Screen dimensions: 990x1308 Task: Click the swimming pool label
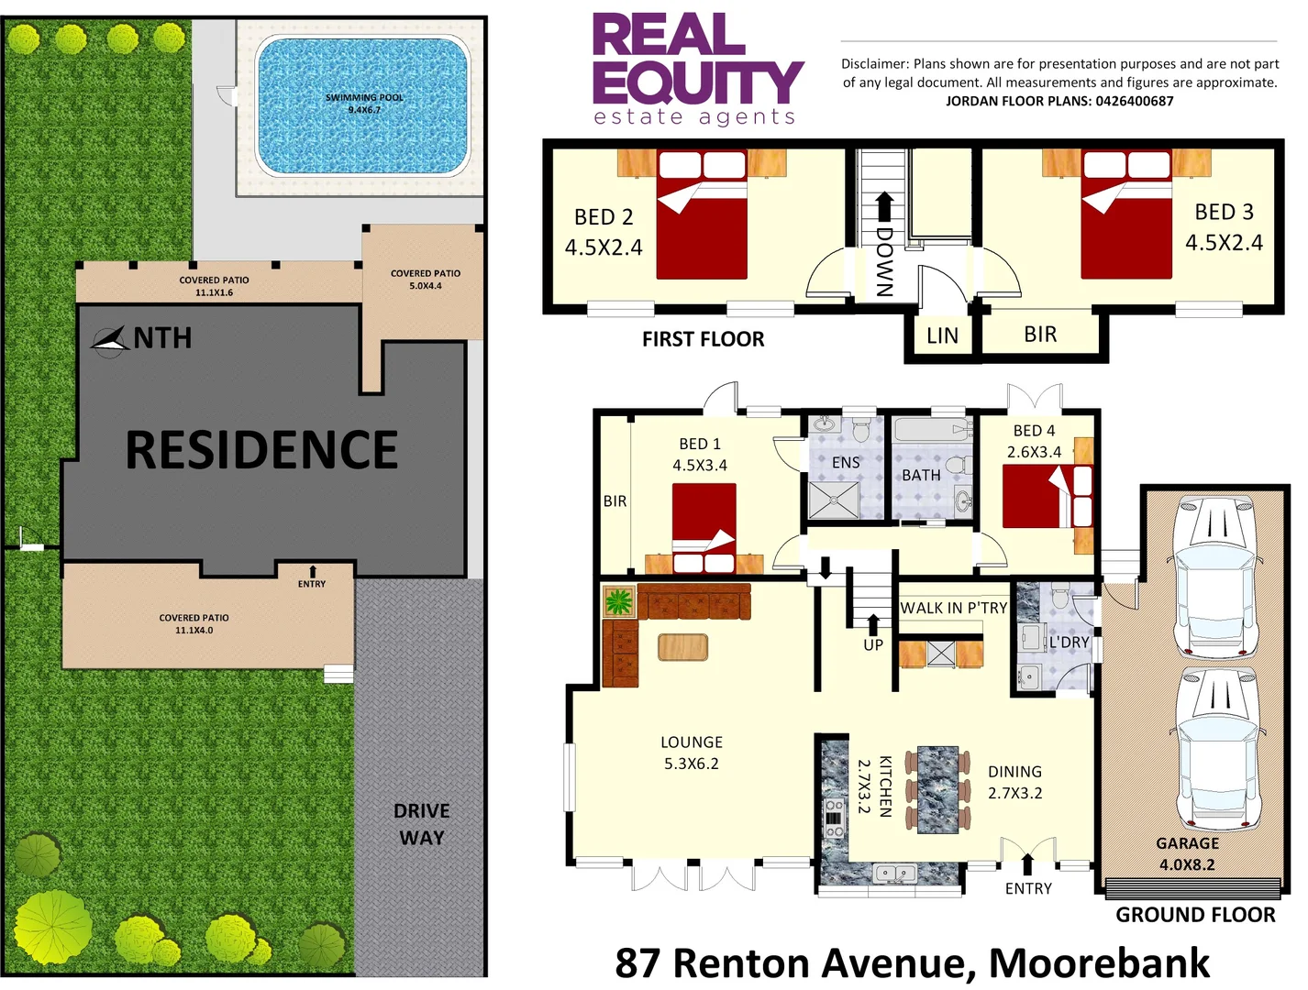(364, 103)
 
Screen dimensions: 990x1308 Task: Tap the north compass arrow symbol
(110, 340)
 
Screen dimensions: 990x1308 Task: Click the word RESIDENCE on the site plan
(261, 450)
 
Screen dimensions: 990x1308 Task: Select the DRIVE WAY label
(421, 824)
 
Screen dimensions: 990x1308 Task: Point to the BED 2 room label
(604, 217)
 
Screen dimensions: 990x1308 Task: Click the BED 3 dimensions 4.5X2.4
(1224, 243)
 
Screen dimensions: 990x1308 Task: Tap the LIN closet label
(942, 335)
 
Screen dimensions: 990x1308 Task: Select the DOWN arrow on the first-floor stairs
(884, 207)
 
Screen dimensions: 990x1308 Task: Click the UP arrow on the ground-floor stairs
(873, 625)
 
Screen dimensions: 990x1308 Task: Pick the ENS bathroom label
(846, 463)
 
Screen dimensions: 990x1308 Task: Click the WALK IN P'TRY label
(953, 608)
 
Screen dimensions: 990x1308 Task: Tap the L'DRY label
(1069, 642)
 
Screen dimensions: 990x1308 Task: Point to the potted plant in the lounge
(618, 602)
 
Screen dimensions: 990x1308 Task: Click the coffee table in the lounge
(682, 647)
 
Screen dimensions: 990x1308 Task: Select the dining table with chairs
(937, 789)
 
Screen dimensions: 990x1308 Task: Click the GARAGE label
(1187, 843)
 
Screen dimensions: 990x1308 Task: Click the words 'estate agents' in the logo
(694, 117)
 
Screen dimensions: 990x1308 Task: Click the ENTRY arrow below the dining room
(1027, 863)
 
